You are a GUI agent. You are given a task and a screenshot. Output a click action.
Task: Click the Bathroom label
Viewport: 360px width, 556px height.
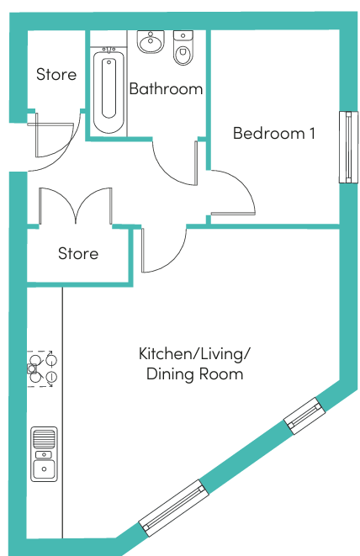point(166,88)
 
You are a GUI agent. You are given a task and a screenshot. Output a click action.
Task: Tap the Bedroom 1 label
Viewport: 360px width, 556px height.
point(274,134)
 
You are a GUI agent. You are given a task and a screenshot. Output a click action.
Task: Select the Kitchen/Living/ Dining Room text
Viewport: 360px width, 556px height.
point(194,364)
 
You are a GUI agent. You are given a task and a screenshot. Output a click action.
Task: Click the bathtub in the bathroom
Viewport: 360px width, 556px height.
point(109,90)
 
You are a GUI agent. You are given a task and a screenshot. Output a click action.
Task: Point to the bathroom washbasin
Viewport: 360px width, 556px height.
point(151,41)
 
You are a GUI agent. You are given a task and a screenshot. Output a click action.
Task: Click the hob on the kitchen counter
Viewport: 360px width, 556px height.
point(40,368)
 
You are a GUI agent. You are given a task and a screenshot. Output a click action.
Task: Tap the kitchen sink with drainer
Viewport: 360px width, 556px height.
point(44,454)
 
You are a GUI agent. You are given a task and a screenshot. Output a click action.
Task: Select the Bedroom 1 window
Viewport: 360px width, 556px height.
point(349,147)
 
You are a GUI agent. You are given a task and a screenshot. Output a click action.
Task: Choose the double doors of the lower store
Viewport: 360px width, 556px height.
point(76,206)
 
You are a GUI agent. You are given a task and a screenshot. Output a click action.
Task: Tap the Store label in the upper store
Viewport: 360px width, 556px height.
point(56,75)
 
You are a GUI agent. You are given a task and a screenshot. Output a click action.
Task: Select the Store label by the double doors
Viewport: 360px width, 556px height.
point(78,253)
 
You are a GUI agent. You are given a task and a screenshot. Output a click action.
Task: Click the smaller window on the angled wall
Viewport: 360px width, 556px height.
point(304,416)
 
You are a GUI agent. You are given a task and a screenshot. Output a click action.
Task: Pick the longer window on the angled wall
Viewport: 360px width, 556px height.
point(173,508)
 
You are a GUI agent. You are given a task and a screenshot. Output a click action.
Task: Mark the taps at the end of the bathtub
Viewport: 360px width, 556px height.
point(109,50)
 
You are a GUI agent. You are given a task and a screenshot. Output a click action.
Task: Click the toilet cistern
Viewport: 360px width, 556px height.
point(183,35)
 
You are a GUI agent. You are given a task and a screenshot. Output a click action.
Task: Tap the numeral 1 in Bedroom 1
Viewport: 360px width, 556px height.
point(312,134)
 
